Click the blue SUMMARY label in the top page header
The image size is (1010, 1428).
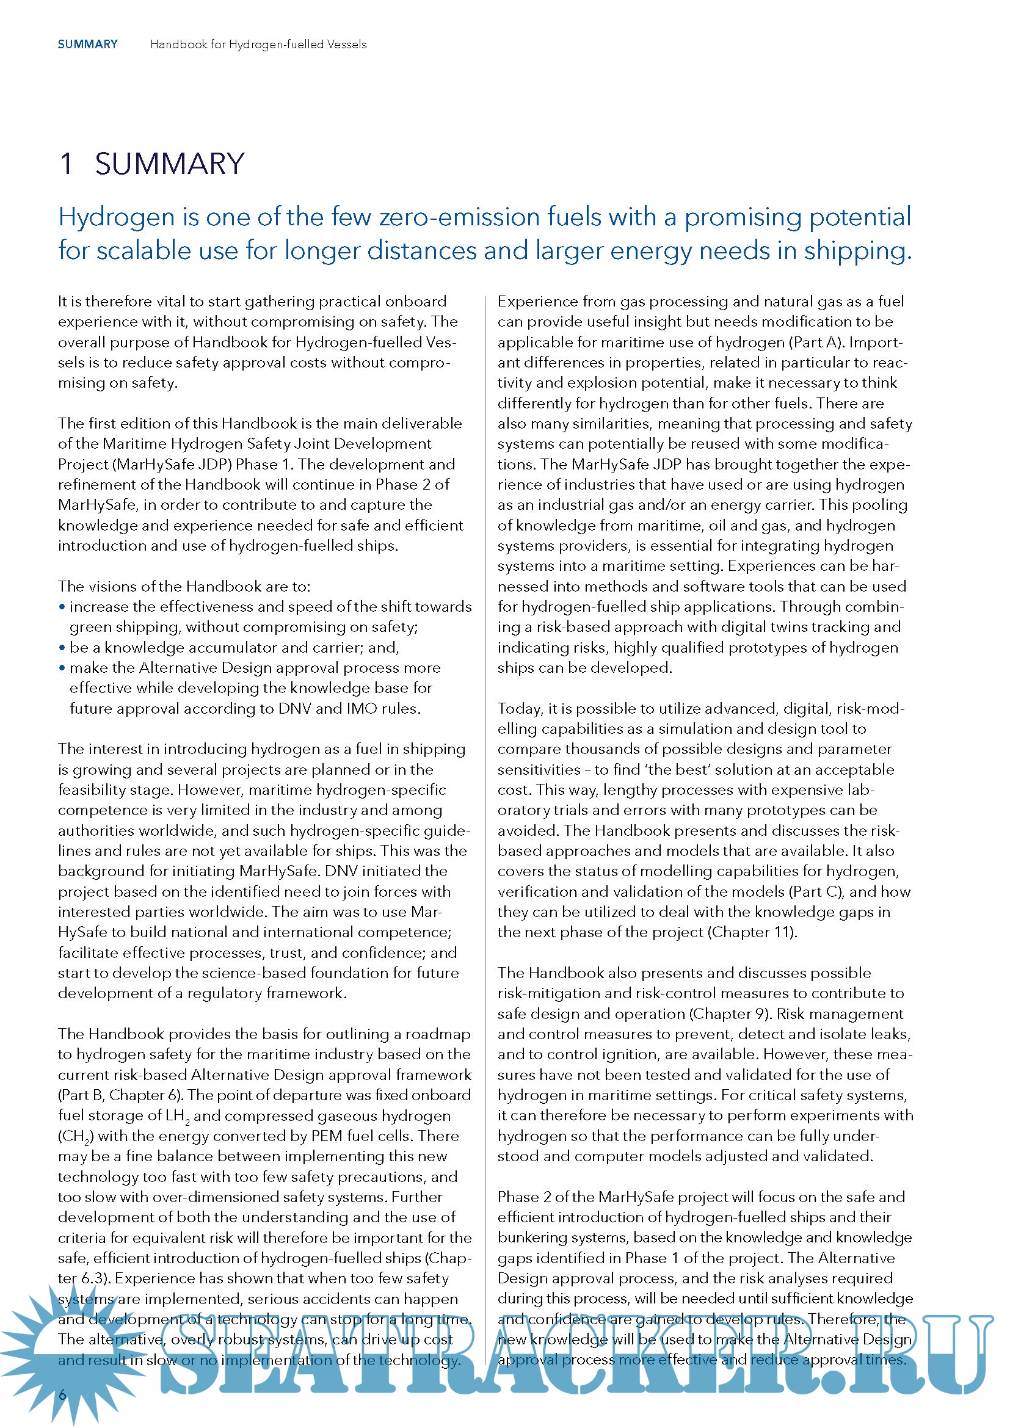[x=88, y=44]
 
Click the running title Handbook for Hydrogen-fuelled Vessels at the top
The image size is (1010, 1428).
[x=258, y=44]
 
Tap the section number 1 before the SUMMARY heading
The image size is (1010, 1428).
[x=67, y=164]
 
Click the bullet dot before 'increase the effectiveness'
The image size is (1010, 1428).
[x=62, y=606]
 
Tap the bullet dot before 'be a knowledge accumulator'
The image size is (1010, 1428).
[x=62, y=647]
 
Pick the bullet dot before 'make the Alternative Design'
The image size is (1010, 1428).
[x=62, y=668]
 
